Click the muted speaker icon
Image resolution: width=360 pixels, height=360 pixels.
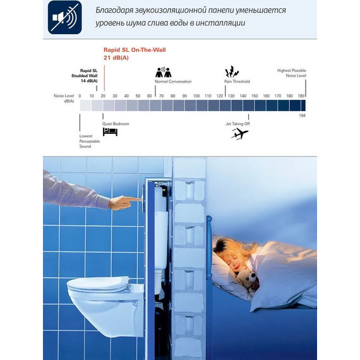click(65, 18)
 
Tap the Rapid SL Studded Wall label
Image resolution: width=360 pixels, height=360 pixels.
click(88, 75)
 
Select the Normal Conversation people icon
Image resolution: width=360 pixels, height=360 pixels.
click(164, 71)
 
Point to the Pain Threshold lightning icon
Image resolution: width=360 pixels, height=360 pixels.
click(232, 71)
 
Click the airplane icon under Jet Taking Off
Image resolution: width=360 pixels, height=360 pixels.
click(239, 133)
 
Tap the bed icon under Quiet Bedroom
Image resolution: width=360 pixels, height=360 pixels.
click(111, 131)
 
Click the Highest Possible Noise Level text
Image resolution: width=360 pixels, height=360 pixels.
click(292, 73)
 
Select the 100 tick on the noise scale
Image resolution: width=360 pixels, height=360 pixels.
click(196, 96)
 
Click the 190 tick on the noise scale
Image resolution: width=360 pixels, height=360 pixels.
click(301, 96)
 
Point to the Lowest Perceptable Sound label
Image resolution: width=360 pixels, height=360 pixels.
click(85, 141)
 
